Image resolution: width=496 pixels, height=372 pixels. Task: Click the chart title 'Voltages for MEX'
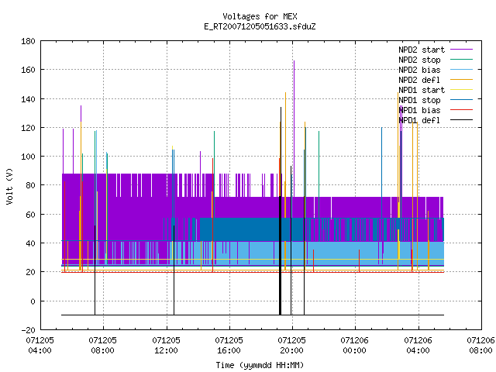pos(260,16)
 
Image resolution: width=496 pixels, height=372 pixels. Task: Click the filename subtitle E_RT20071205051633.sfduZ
pos(260,26)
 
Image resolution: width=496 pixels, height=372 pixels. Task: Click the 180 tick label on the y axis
pos(28,41)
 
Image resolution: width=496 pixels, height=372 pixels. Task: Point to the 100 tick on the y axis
pos(28,157)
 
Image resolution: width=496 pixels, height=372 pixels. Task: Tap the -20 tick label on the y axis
pos(28,330)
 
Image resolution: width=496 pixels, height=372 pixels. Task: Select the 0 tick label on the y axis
pos(33,301)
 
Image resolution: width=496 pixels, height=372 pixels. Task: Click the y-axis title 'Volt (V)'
pos(9,187)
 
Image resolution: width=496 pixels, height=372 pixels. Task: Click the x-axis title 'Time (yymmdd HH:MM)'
pos(260,365)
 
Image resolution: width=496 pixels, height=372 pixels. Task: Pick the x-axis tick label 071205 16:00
pos(229,346)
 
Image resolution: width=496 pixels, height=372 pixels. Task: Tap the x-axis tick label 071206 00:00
pos(355,346)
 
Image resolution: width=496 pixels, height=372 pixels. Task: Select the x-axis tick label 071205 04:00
pos(40,346)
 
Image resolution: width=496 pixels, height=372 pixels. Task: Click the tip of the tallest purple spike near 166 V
pos(294,60)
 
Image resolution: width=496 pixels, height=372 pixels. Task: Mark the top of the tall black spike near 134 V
pos(281,107)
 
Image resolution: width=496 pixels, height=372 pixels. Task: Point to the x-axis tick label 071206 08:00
pos(480,346)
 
